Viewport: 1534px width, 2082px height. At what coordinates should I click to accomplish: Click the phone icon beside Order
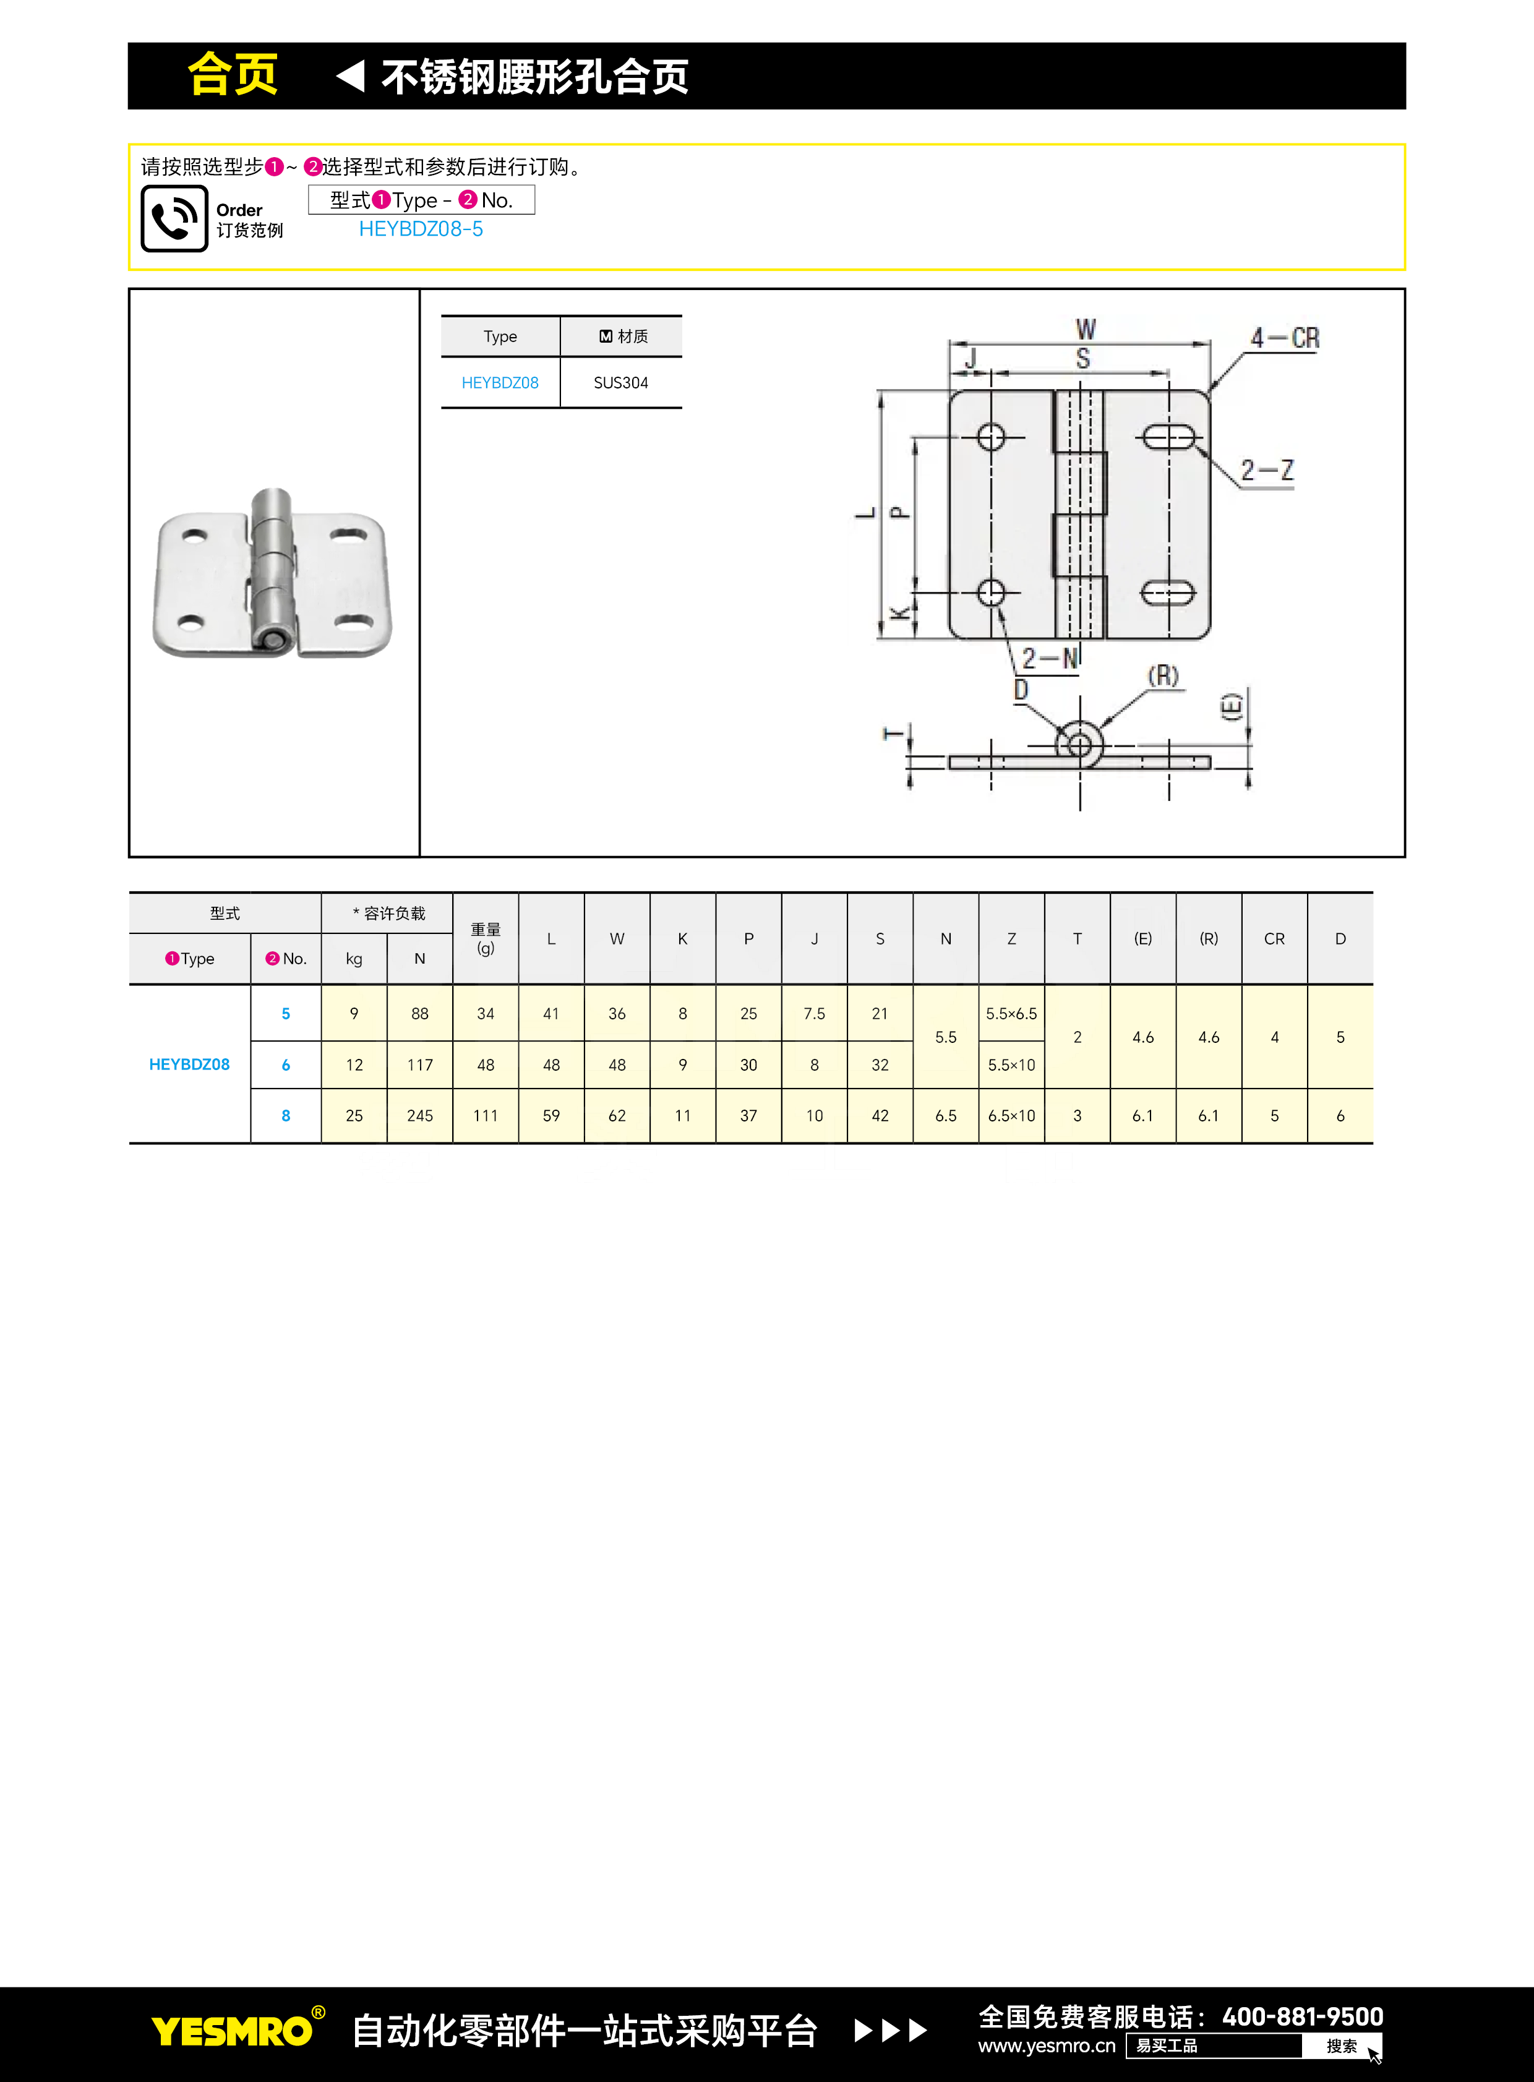[x=174, y=218]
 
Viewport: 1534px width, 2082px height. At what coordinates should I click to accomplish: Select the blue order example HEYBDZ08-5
[x=421, y=229]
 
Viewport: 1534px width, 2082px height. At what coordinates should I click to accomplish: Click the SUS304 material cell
[x=621, y=383]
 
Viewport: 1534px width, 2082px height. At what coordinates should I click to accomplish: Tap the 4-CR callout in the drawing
[x=1284, y=338]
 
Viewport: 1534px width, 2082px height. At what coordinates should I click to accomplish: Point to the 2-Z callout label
[x=1267, y=471]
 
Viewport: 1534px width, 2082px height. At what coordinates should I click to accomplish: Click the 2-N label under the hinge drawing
[x=1050, y=658]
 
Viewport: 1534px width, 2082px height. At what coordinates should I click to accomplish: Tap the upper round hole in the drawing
[x=991, y=437]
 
